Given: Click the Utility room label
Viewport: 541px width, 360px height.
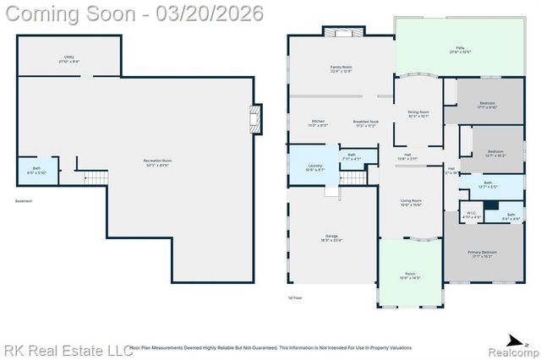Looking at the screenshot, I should pyautogui.click(x=69, y=59).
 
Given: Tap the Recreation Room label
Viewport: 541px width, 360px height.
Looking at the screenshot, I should pyautogui.click(x=157, y=162).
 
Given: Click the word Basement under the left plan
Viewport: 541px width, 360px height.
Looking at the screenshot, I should pyautogui.click(x=25, y=201).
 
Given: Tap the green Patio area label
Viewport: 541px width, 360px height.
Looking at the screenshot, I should pyautogui.click(x=460, y=50).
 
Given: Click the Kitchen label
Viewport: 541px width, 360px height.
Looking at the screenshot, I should pyautogui.click(x=318, y=123).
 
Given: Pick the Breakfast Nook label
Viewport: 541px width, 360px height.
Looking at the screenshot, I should pyautogui.click(x=366, y=123).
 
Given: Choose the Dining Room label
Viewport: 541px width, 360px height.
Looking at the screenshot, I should pyautogui.click(x=418, y=114).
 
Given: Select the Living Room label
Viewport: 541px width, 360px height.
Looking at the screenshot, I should pyautogui.click(x=411, y=202).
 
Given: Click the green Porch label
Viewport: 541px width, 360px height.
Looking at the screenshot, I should pyautogui.click(x=409, y=275).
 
